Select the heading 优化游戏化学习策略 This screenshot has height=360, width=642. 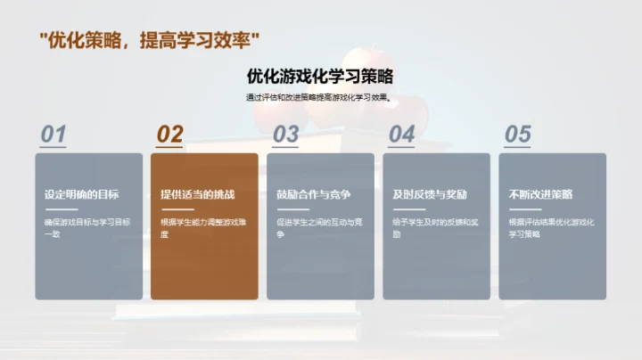coord(320,76)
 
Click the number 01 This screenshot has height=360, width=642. coord(53,135)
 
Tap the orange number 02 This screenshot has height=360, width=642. coord(169,135)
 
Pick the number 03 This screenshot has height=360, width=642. coord(285,135)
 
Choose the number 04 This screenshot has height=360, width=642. coord(402,135)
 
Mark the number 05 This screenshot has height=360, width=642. coord(518,135)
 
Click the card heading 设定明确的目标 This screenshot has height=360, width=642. coord(82,194)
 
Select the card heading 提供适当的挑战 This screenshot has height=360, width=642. coord(198,194)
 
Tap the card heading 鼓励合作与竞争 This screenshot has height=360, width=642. coord(314,194)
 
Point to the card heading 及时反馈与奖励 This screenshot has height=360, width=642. coord(430,194)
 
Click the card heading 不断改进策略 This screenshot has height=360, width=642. coord(540,194)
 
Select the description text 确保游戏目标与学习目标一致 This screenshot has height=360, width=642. coord(87,227)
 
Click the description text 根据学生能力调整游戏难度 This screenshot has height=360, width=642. coord(203,227)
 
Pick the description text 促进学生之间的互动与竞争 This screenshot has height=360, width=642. coord(319,227)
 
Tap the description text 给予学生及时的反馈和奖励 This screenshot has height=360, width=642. coord(435,227)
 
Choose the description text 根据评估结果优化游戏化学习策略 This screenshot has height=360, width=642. coord(551,227)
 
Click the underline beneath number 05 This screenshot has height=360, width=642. coord(518,146)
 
